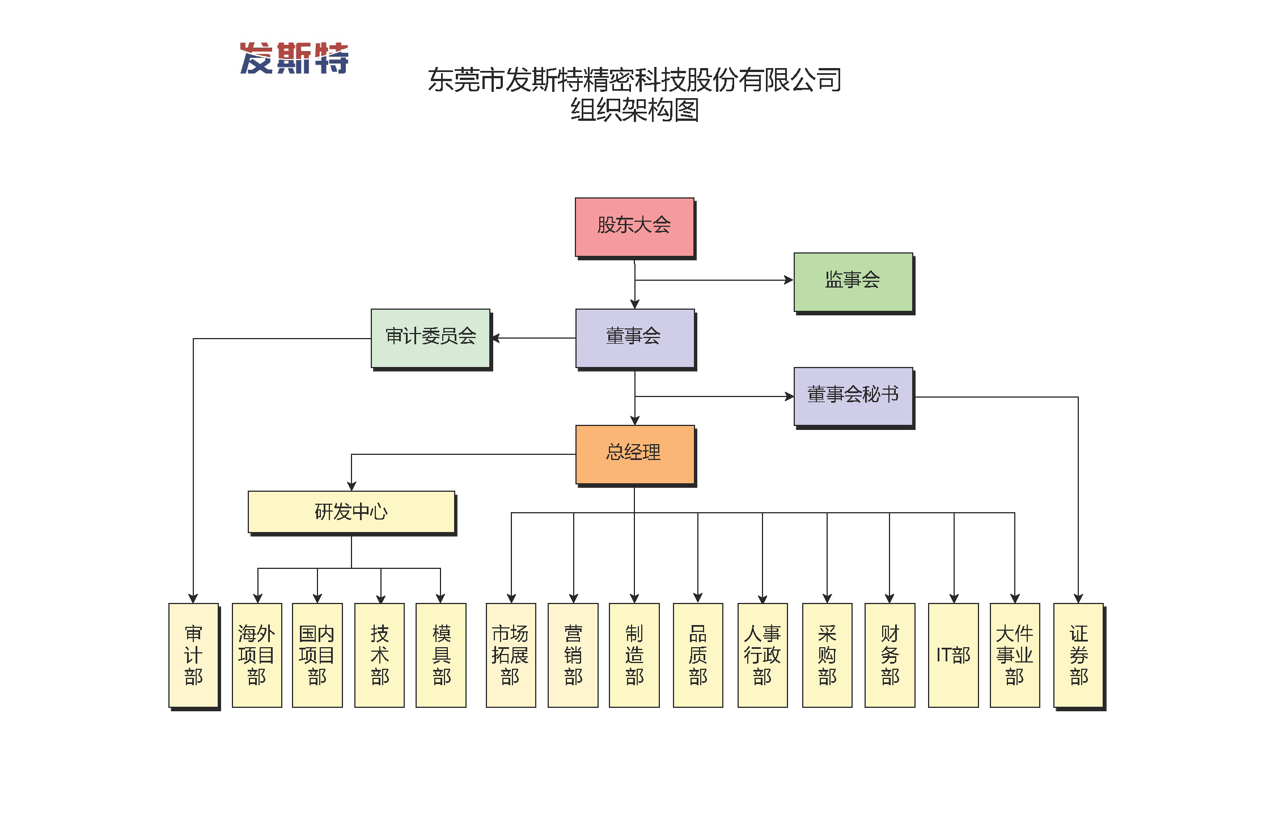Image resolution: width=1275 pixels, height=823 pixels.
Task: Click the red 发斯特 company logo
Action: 294,58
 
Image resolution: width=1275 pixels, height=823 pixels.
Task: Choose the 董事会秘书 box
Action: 853,396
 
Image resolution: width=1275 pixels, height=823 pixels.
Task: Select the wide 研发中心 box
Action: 351,512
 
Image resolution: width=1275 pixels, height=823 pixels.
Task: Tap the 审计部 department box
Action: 194,655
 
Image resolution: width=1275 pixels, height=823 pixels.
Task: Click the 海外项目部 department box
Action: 257,655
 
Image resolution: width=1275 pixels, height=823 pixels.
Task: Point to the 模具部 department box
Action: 441,655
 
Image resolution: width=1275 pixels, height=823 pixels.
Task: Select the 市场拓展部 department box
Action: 511,655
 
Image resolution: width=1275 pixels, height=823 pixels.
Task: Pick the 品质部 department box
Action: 698,655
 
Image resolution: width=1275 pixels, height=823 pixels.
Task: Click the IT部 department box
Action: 953,655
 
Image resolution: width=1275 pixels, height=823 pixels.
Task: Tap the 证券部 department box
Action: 1078,655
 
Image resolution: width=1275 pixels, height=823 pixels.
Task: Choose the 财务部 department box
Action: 889,655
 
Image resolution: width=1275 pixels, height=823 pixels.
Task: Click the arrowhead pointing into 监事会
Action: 789,280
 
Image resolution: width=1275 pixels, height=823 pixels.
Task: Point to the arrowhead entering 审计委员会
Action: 496,338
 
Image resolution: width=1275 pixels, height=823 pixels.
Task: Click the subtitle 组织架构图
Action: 634,110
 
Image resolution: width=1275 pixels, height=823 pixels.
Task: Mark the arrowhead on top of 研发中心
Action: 351,486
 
